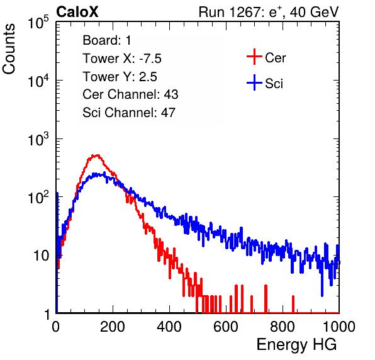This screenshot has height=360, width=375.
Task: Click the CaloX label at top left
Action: click(x=77, y=12)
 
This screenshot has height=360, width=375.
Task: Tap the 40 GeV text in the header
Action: click(x=315, y=12)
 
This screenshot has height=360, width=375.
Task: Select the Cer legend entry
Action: click(x=275, y=58)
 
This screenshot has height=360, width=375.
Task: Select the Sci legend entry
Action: click(x=274, y=84)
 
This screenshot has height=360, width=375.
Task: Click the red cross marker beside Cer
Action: click(x=254, y=57)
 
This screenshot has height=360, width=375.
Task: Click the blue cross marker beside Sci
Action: click(x=254, y=82)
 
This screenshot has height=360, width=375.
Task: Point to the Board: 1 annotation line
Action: click(x=107, y=40)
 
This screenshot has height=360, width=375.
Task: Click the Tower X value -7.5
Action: click(x=150, y=59)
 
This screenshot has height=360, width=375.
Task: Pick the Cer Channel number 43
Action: click(x=171, y=94)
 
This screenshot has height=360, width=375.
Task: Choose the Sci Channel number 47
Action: click(x=168, y=113)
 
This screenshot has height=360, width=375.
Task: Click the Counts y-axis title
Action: click(x=9, y=49)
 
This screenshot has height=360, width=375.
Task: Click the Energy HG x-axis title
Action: click(x=296, y=345)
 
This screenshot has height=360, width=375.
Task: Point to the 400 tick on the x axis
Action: click(x=169, y=327)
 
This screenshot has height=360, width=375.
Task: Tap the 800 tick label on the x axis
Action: click(x=283, y=327)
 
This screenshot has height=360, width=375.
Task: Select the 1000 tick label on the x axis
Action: click(x=339, y=327)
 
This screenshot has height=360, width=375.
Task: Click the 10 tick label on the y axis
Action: click(x=42, y=256)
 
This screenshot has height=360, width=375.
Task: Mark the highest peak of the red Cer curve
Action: click(x=97, y=155)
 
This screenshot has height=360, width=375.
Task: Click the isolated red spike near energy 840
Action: click(x=293, y=304)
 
